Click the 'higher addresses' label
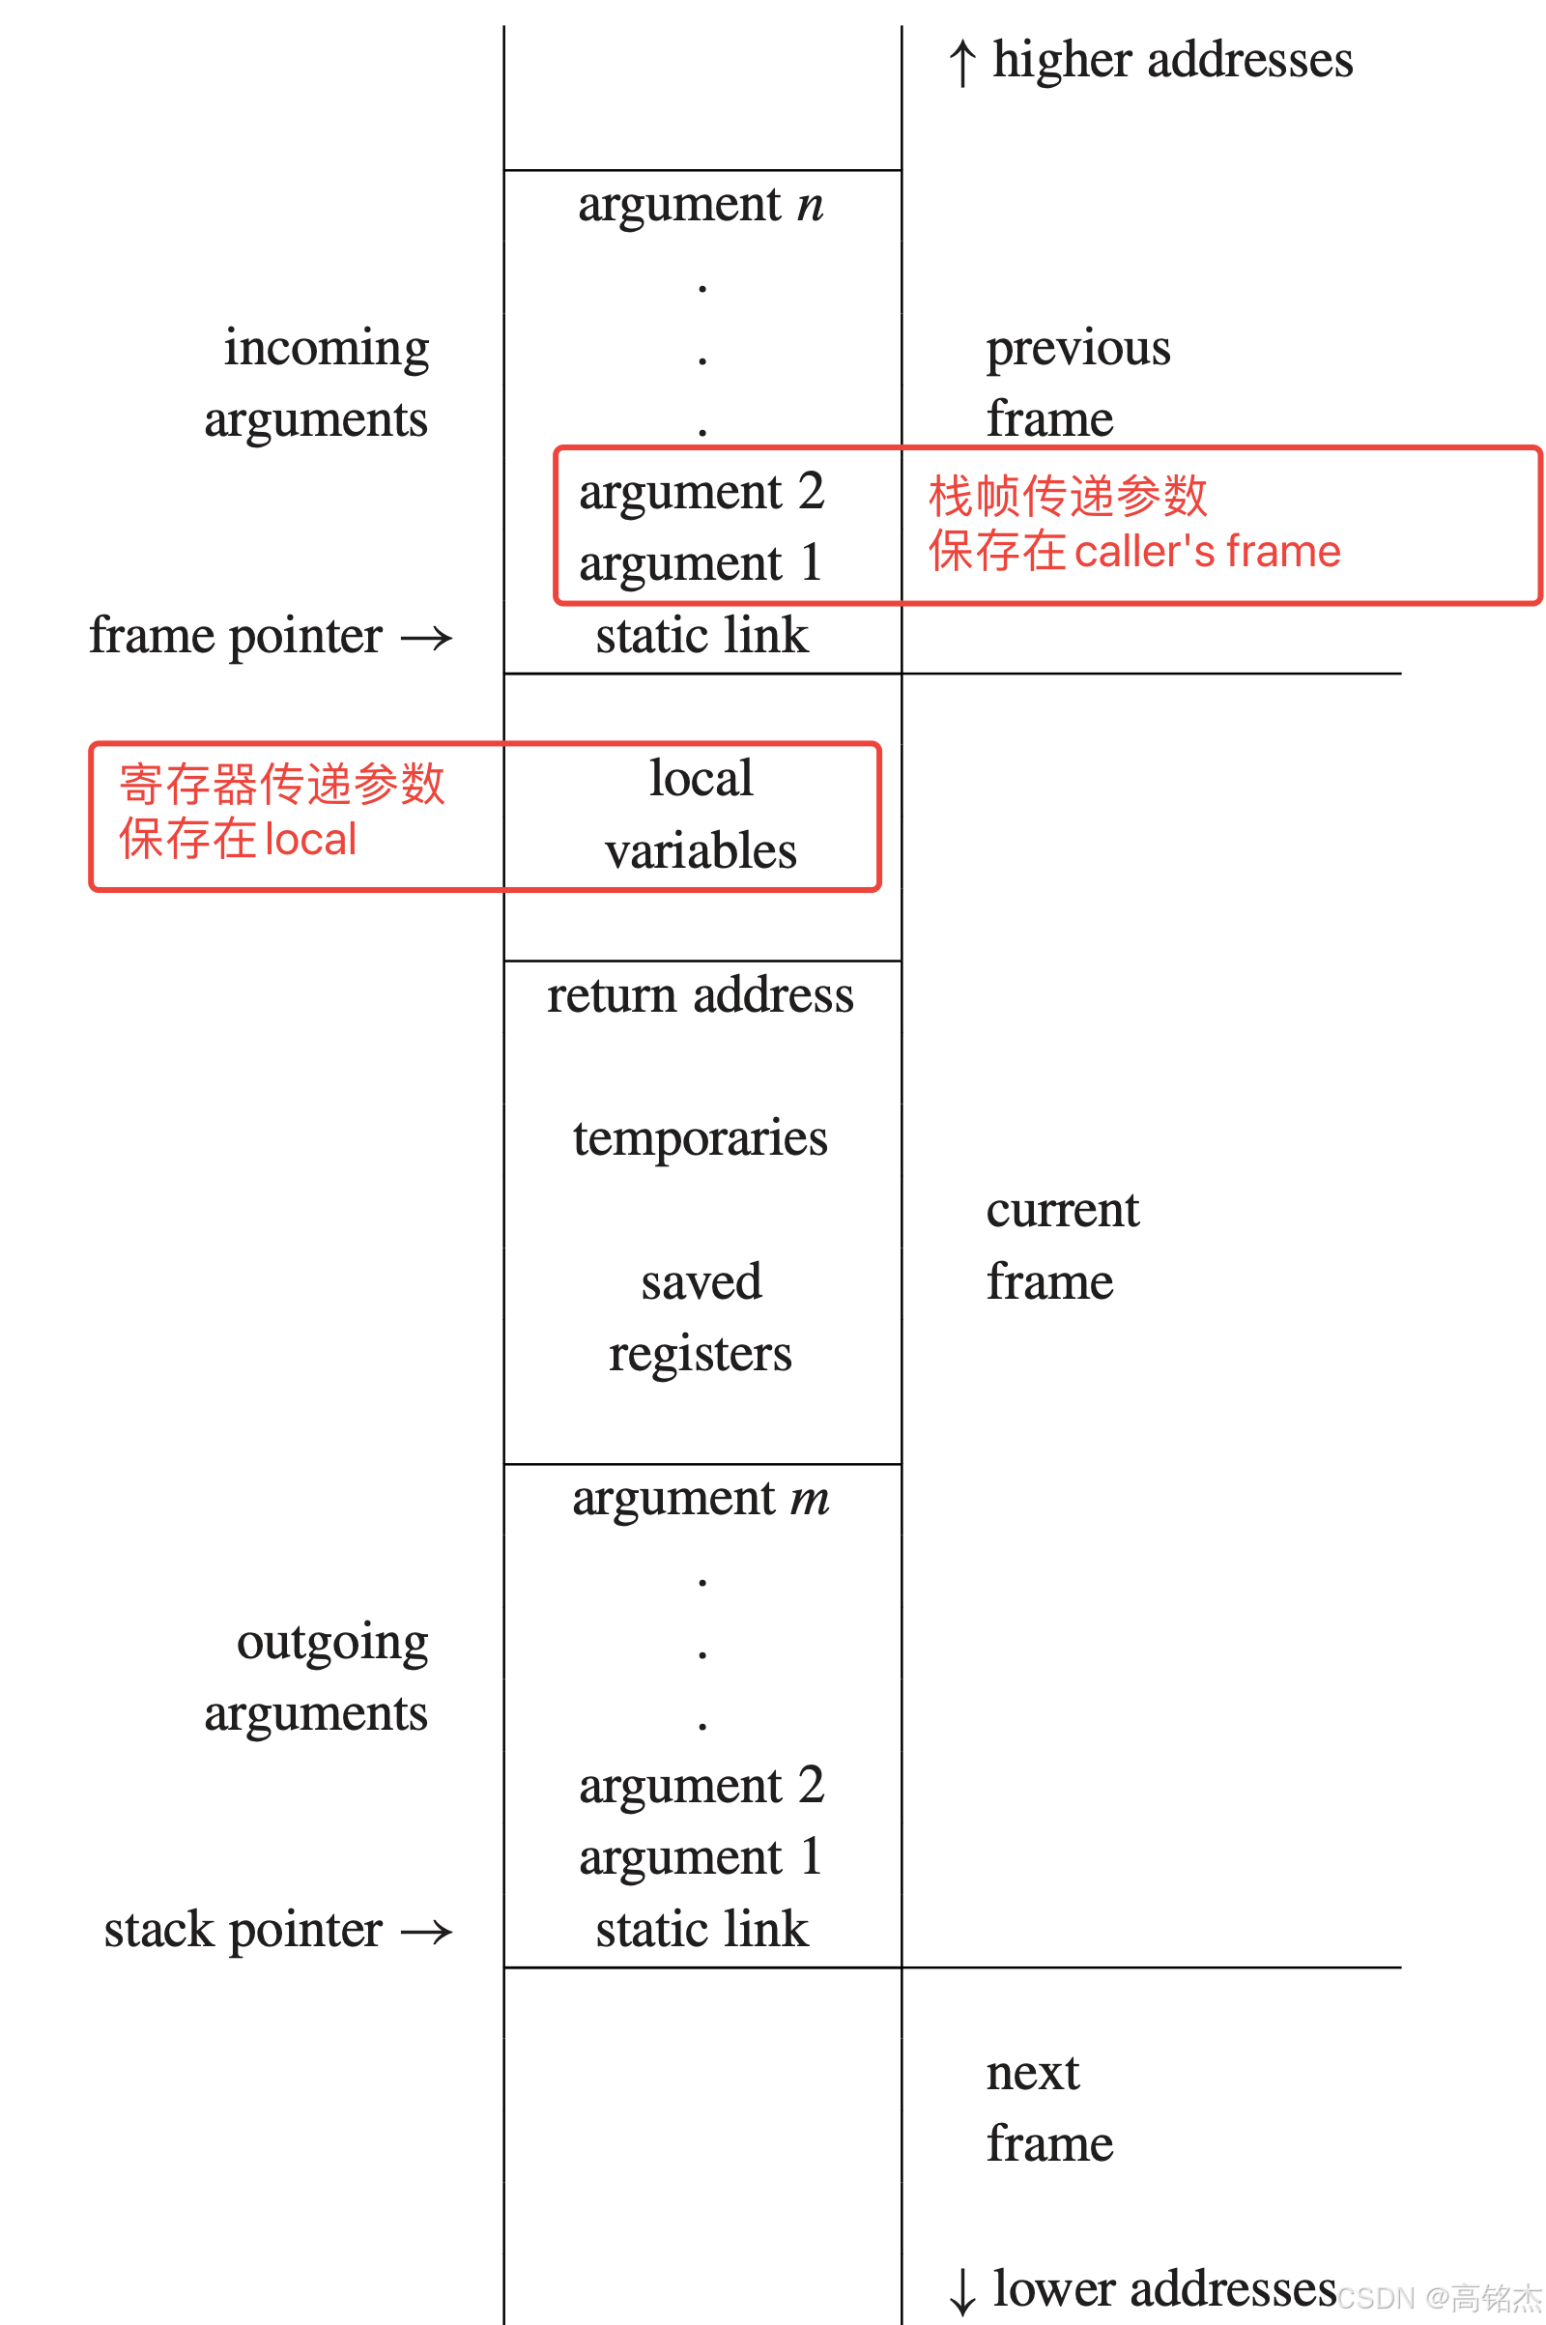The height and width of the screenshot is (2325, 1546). (x=1171, y=59)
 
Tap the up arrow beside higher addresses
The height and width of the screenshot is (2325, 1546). (x=962, y=63)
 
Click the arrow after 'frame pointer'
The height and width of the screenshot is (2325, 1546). (x=427, y=639)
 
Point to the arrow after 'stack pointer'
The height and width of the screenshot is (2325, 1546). (x=427, y=1932)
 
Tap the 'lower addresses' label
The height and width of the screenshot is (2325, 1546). (x=1163, y=2287)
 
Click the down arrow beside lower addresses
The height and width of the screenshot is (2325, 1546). (x=962, y=2291)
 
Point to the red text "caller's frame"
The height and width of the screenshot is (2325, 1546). (x=1207, y=552)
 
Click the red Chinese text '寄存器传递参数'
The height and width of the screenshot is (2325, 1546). (x=282, y=785)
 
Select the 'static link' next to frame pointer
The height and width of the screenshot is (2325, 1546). (x=701, y=636)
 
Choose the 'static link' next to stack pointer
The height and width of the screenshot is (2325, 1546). (x=701, y=1930)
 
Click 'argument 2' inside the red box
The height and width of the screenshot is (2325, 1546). (x=701, y=492)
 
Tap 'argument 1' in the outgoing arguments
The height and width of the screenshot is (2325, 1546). (x=701, y=1857)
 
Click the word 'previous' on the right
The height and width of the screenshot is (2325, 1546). (x=1078, y=349)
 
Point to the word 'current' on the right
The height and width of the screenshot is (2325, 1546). (x=1063, y=1210)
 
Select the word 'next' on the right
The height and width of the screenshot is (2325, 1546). (x=1033, y=2073)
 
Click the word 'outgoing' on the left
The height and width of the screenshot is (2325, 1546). (x=332, y=1643)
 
